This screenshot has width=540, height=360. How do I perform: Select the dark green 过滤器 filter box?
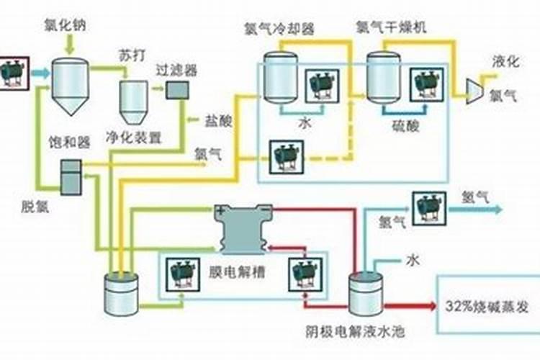[x=177, y=89]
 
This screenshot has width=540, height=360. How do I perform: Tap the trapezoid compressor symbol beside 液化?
[x=475, y=88]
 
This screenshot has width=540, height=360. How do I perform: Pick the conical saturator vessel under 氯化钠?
[x=70, y=86]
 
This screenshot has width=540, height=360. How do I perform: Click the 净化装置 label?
[x=133, y=137]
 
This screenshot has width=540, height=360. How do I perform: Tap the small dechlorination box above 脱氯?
[x=71, y=176]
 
